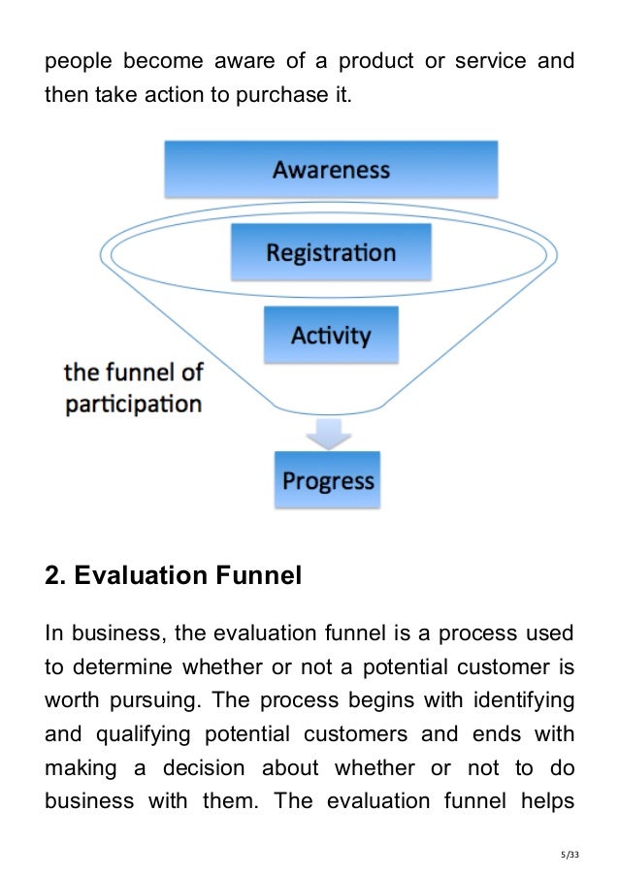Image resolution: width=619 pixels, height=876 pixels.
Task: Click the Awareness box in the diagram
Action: pos(331,170)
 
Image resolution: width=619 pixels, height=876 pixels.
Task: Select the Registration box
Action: pos(331,253)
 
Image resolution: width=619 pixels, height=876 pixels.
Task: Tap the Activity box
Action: pos(331,336)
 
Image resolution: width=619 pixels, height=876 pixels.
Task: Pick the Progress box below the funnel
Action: pos(328,480)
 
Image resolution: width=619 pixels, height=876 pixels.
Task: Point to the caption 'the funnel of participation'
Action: pos(133,387)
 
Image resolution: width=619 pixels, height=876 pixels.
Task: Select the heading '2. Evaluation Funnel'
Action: pos(174,576)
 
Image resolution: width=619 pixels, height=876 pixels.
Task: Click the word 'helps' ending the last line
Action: pos(548,801)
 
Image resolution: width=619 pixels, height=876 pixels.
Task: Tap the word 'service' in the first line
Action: pos(482,62)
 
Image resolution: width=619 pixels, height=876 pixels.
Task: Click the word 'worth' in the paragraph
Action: pos(72,701)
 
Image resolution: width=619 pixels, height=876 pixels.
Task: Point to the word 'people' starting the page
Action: pos(76,62)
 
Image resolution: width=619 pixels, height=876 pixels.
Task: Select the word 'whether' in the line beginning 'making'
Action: pos(368,768)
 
